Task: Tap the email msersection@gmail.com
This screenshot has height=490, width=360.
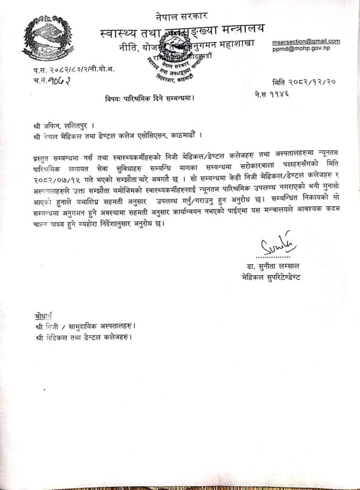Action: (306, 41)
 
